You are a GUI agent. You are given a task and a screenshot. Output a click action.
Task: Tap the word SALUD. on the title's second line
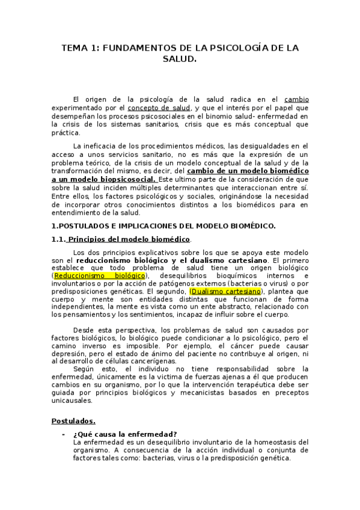point(180,60)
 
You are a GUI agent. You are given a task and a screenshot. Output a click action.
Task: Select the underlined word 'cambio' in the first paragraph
point(296,99)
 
